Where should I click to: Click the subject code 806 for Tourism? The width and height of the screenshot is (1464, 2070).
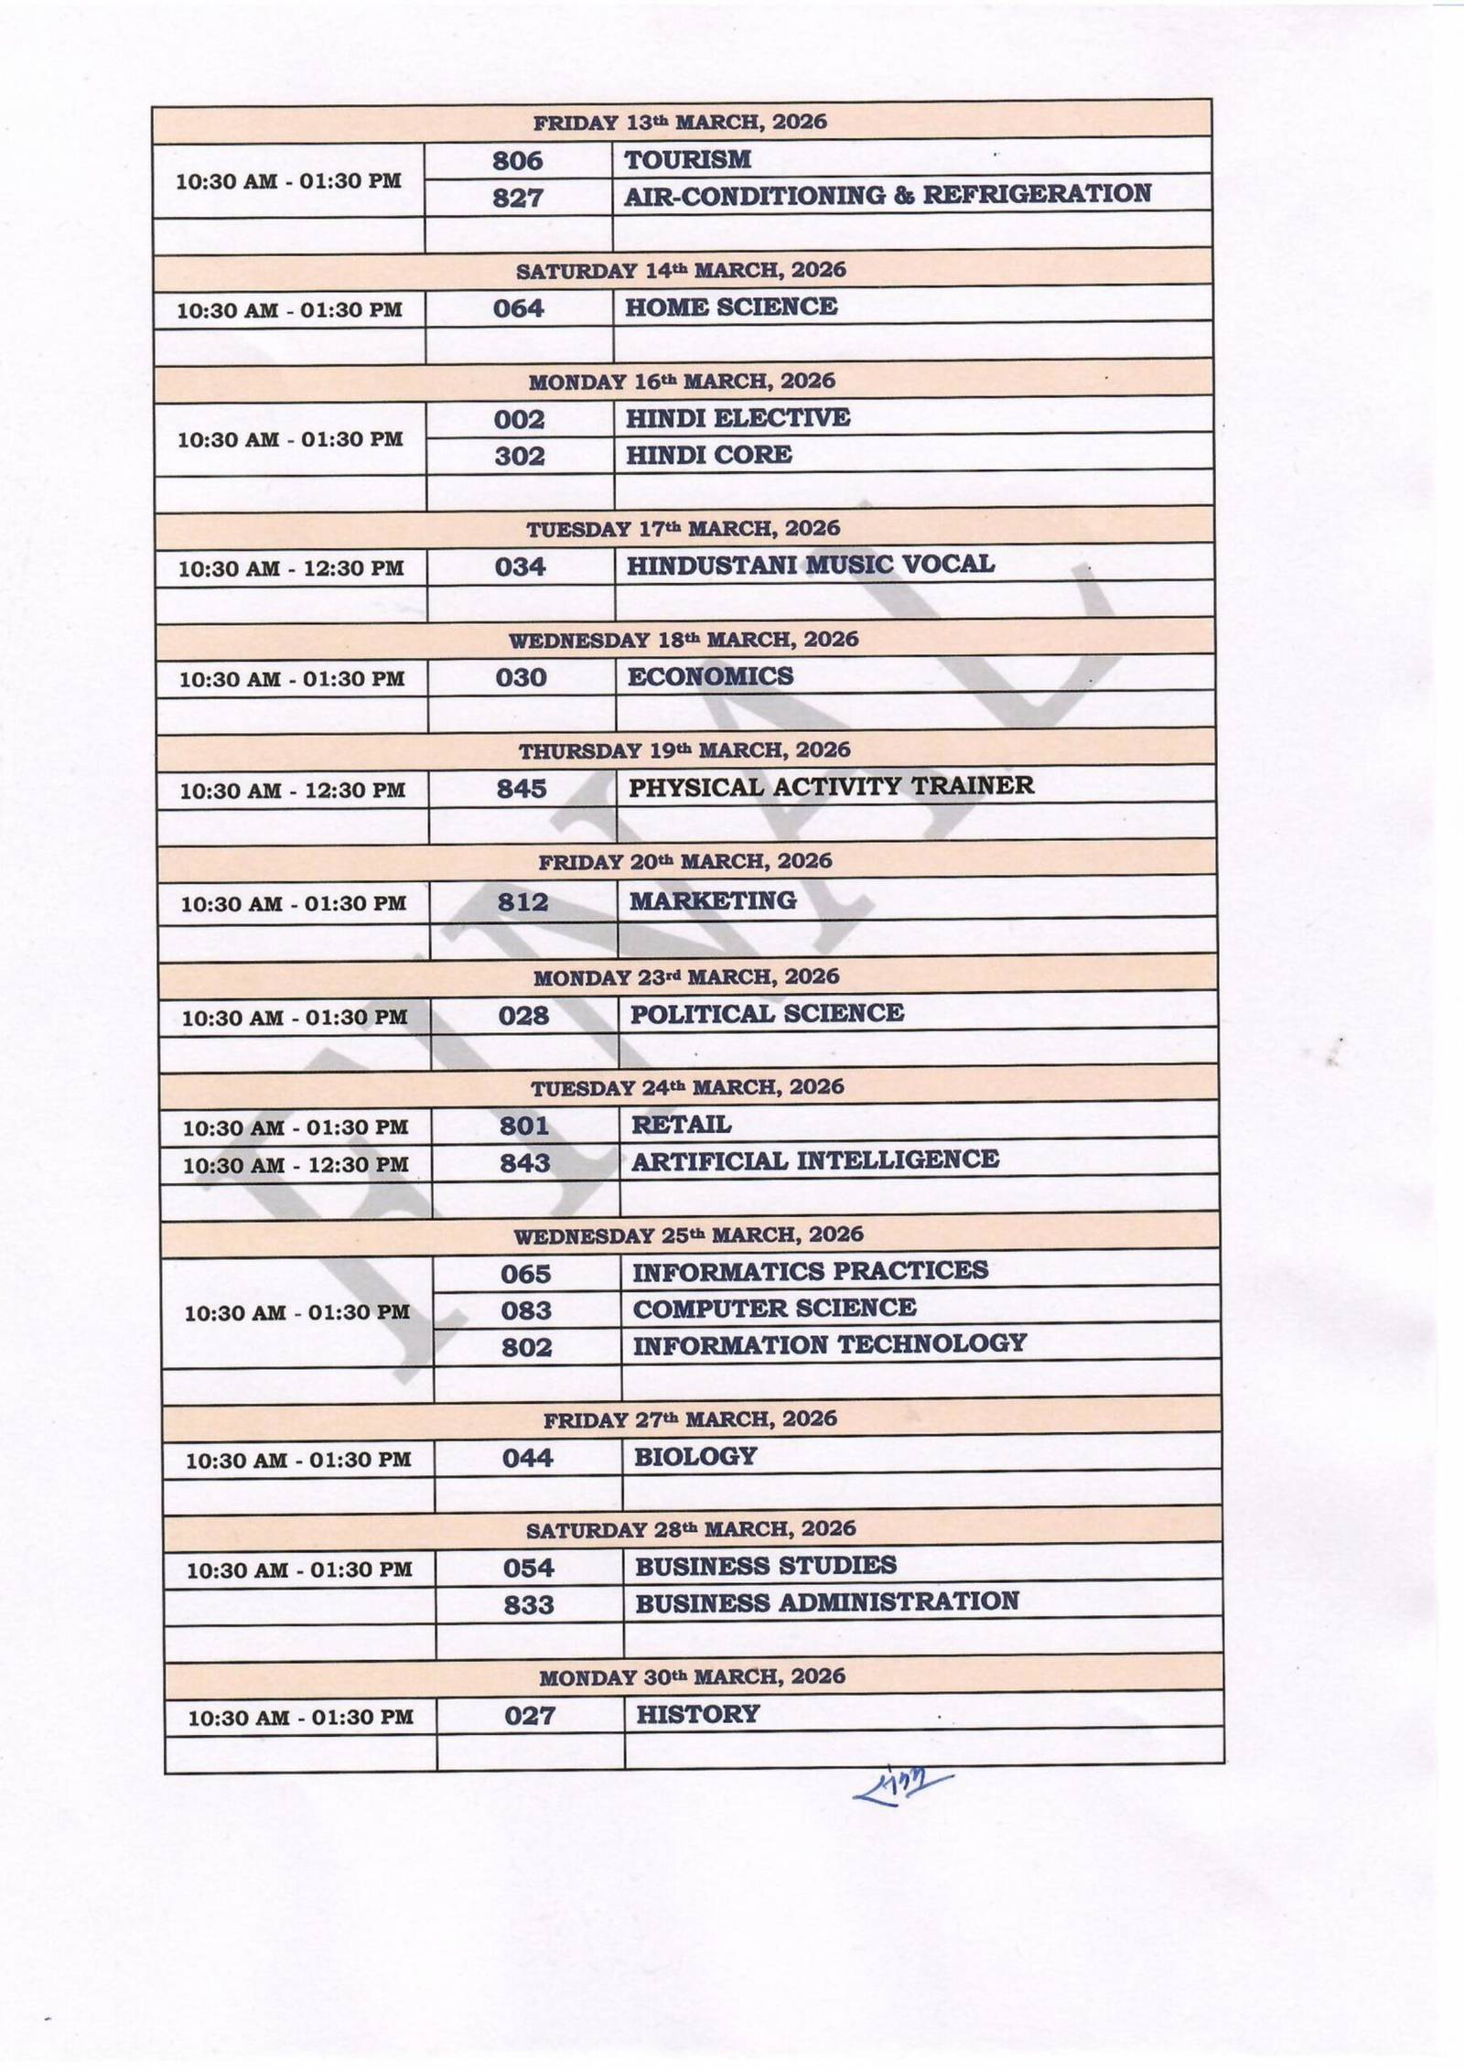pos(517,161)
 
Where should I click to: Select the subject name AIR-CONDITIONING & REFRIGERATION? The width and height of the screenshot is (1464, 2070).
pos(887,195)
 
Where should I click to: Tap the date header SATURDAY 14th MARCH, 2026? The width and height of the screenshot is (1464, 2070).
pos(681,271)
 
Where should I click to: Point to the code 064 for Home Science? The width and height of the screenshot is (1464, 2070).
pos(518,308)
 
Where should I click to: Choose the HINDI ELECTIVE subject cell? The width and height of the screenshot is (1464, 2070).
pos(737,418)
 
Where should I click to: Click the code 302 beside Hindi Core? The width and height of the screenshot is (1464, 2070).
pos(519,456)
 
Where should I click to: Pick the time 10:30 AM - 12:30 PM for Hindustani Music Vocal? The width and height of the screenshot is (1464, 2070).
pos(291,568)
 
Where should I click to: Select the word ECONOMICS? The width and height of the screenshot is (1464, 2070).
pos(710,676)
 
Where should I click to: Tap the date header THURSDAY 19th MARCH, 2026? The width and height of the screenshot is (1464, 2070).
pos(684,751)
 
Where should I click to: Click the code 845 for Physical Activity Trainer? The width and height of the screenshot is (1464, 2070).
pos(522,789)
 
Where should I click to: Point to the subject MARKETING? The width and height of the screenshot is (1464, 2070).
pos(713,901)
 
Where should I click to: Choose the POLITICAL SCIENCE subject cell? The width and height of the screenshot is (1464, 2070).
pos(767,1014)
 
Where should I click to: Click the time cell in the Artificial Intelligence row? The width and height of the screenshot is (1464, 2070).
pos(296,1165)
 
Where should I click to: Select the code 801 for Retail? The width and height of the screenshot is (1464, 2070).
pos(524,1126)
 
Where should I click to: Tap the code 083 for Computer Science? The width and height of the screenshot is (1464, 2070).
pos(526,1310)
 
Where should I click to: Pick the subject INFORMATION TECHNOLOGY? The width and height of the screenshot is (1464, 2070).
pos(829,1344)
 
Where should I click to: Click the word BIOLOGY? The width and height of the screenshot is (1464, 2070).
pos(695,1456)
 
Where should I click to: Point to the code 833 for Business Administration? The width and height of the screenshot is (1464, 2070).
pos(529,1605)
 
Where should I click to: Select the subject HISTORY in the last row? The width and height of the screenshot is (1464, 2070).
pos(697,1714)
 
